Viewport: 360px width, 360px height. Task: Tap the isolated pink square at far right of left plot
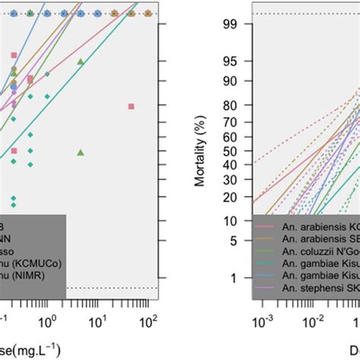pyautogui.click(x=131, y=106)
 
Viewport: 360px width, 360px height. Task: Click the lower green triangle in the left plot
pyautogui.click(x=81, y=153)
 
